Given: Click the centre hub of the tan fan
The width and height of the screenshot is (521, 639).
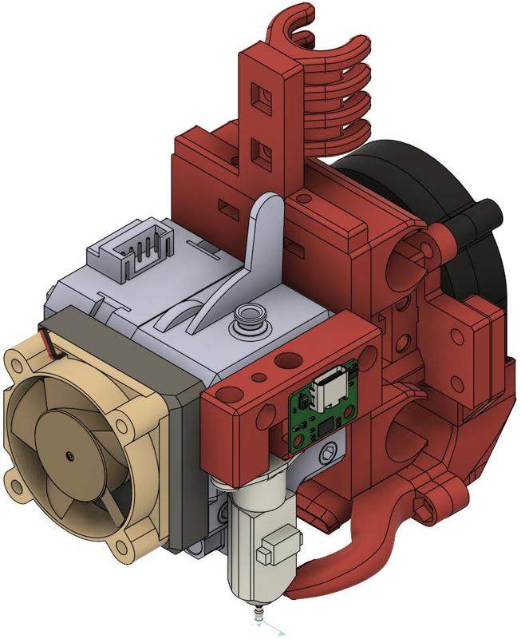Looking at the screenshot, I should point(69,456).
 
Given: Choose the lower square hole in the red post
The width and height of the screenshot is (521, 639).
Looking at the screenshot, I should point(259,148).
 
